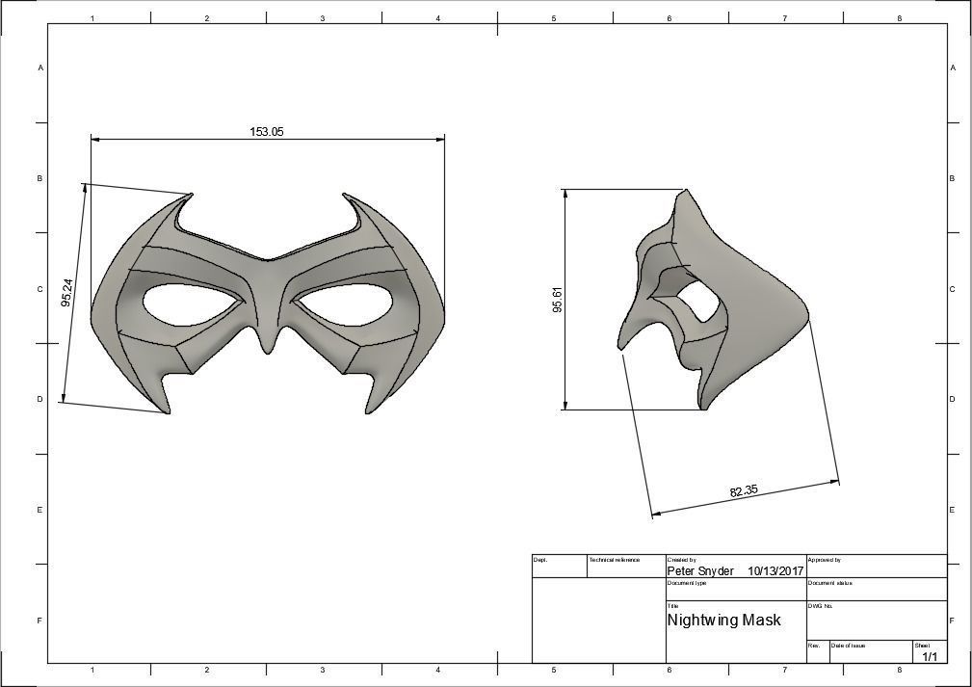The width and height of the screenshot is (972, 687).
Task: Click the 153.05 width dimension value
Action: (x=267, y=132)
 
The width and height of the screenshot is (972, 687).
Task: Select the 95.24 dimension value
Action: (x=66, y=293)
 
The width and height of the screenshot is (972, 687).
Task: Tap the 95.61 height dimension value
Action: (x=557, y=300)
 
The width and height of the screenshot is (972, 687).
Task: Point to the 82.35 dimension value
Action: (x=743, y=491)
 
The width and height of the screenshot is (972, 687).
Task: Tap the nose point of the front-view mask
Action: (x=269, y=346)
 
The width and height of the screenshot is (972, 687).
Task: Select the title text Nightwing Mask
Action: (x=723, y=621)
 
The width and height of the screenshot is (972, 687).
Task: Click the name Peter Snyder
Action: (x=700, y=571)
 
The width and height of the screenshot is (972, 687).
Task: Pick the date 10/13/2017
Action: (x=775, y=571)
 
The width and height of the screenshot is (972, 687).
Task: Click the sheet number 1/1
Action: (x=931, y=657)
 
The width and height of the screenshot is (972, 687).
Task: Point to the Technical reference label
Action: (x=614, y=560)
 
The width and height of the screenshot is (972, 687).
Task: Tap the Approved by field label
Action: (x=825, y=560)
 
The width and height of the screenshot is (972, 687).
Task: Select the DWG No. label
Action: (x=820, y=606)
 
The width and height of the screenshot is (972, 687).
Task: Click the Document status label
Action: (x=829, y=583)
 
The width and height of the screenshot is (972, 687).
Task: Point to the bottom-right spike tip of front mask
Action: (x=369, y=412)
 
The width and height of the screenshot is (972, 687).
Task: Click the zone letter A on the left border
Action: (x=39, y=68)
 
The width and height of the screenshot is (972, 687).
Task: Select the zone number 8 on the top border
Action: (x=899, y=18)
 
